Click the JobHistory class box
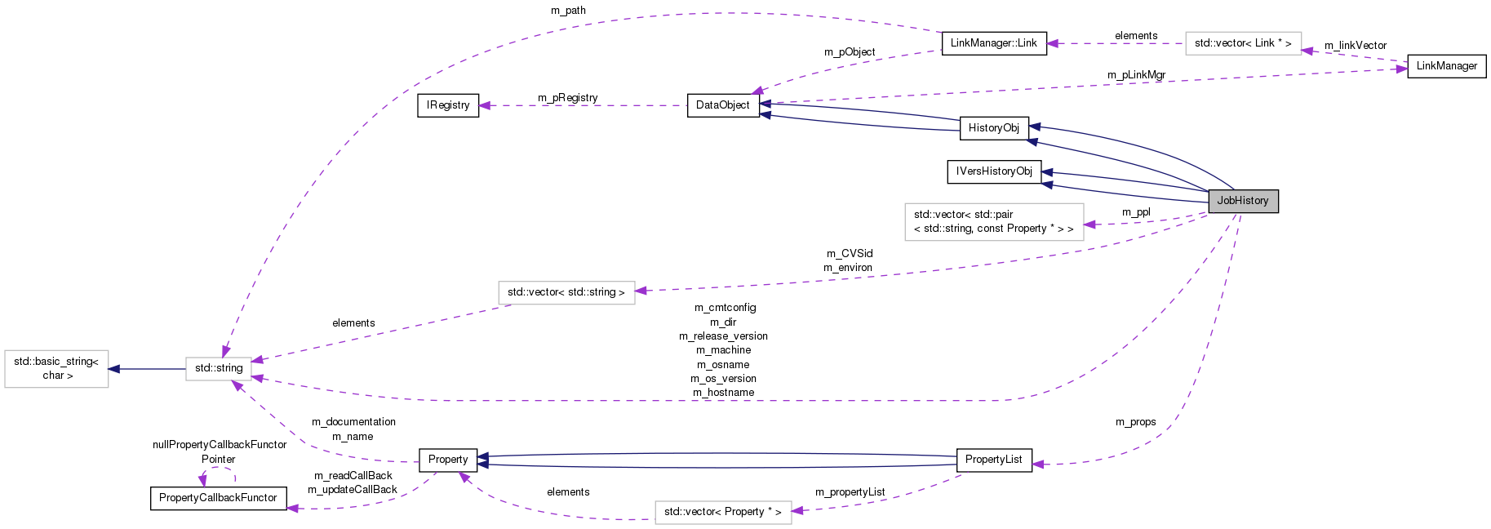pos(1242,201)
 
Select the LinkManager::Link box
pos(993,43)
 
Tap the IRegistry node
pos(448,105)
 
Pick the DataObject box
pos(723,105)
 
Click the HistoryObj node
pos(993,128)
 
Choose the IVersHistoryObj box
pos(994,171)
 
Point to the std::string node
pos(219,368)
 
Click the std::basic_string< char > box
pos(56,368)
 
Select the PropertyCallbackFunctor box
pos(218,498)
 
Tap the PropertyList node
pos(993,460)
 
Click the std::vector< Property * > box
pos(722,512)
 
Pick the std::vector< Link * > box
pos(1242,43)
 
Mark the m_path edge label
pos(568,11)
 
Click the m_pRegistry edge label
pos(567,98)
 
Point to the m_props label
pos(1135,422)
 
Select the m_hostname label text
pos(723,393)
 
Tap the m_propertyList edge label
pos(850,492)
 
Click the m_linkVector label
pos(1355,46)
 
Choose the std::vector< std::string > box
pos(566,292)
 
